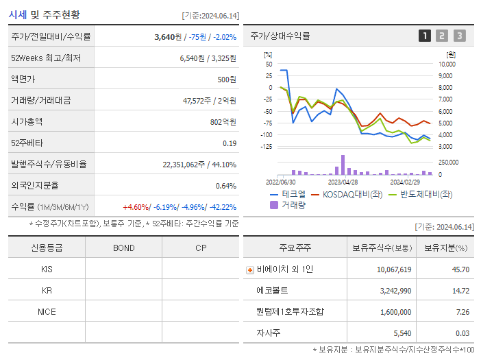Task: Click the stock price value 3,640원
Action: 168,37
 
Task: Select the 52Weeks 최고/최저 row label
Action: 46,58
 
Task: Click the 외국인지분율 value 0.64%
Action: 225,186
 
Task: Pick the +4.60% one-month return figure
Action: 136,207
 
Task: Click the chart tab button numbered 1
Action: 425,36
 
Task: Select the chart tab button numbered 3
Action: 459,36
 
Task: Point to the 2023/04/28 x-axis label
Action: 343,182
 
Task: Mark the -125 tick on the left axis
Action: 266,147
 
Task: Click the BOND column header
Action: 123,248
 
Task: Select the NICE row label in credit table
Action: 47,312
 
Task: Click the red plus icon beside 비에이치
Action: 250,270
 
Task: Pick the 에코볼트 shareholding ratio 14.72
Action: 460,291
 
